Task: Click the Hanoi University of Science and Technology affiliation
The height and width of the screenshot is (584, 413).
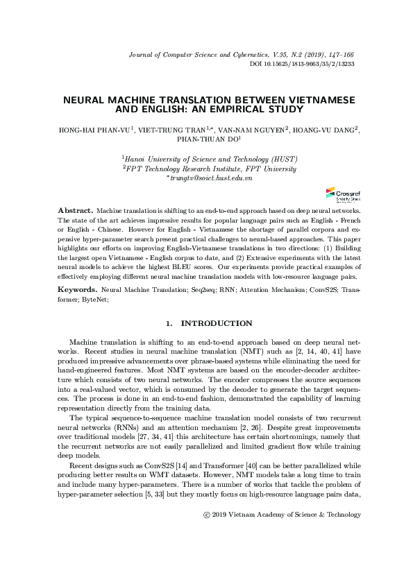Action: point(210,159)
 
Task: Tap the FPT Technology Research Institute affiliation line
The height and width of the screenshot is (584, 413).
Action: point(210,169)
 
